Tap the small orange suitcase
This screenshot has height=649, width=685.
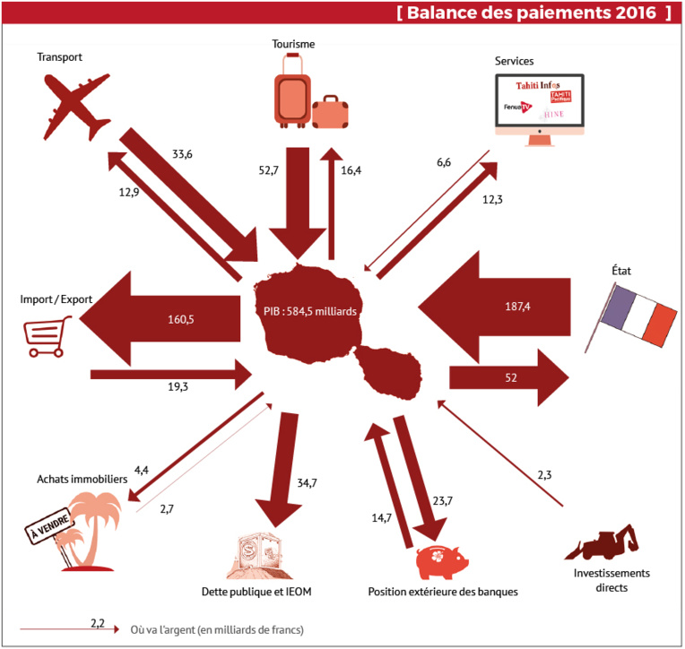click(331, 112)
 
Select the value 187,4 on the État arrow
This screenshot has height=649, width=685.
click(516, 307)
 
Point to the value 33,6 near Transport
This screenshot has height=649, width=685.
click(182, 153)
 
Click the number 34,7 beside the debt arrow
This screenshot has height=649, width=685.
click(307, 483)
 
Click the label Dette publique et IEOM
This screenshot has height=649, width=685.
click(256, 593)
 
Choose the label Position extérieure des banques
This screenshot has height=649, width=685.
click(443, 593)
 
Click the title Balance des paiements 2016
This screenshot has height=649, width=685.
click(533, 13)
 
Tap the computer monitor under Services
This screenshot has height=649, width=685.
click(539, 104)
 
